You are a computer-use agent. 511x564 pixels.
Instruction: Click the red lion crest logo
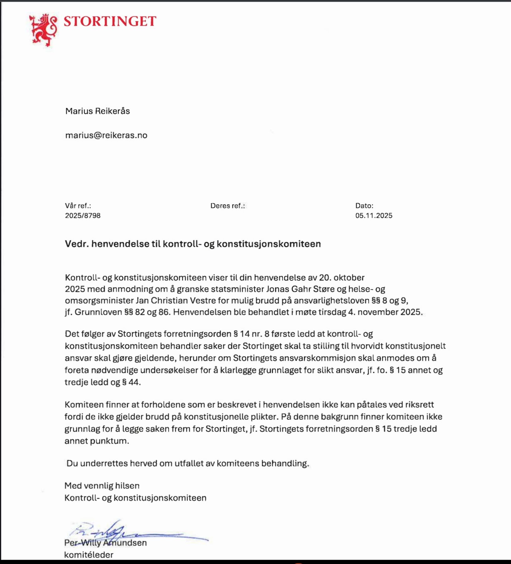click(x=43, y=30)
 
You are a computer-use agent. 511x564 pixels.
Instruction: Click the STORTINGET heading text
click(x=110, y=21)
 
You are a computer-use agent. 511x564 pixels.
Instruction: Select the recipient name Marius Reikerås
click(x=97, y=111)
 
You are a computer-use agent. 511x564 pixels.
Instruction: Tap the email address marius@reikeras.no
click(x=106, y=135)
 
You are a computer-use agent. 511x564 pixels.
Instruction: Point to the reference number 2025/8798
click(x=83, y=216)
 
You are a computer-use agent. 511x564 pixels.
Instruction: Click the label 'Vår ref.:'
click(x=78, y=206)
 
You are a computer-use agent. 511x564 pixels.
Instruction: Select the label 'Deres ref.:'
click(x=228, y=206)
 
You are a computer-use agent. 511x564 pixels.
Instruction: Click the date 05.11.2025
click(x=374, y=216)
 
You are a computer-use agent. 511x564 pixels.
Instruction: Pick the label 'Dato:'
click(x=364, y=206)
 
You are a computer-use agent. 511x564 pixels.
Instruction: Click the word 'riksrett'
click(x=420, y=405)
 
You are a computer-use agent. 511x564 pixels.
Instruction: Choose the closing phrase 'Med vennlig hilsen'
click(x=102, y=486)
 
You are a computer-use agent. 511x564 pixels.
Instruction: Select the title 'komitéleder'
click(x=89, y=555)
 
